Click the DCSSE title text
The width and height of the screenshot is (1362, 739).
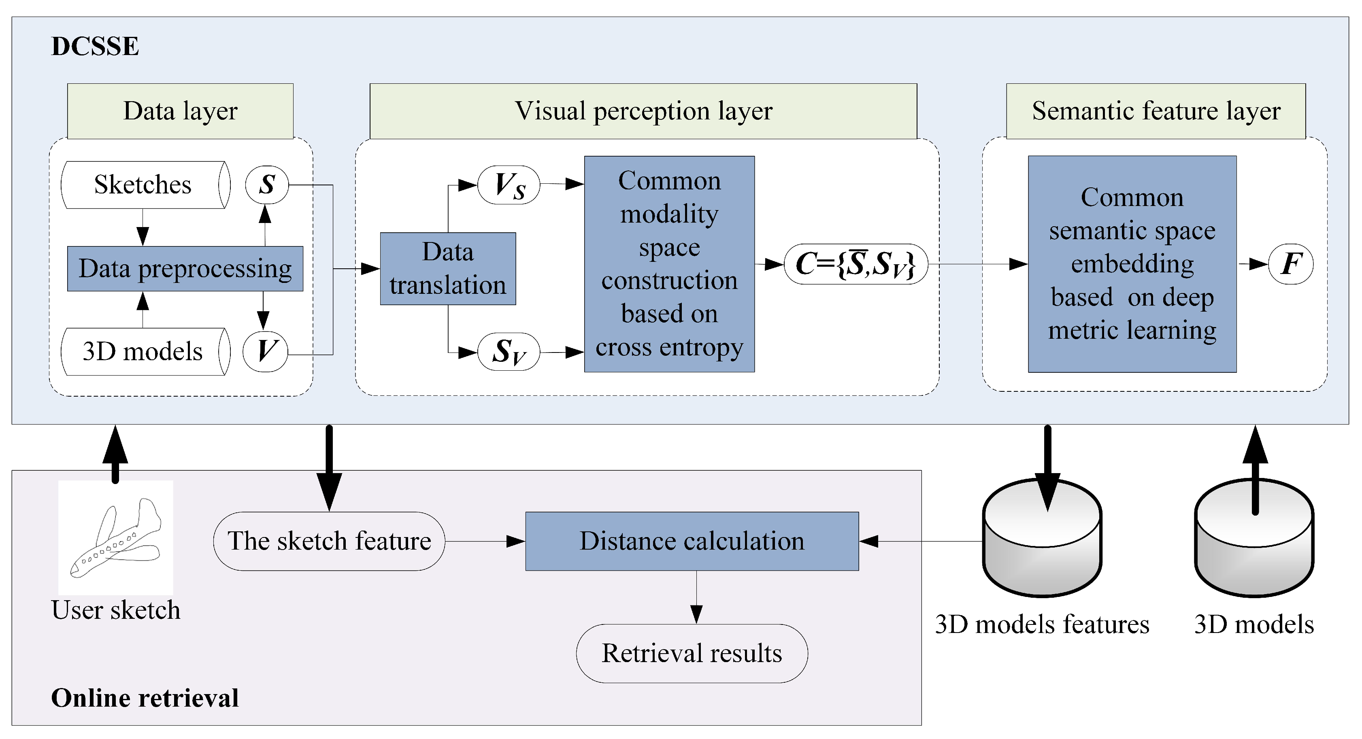pyautogui.click(x=95, y=47)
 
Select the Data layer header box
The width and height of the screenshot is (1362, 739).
pyautogui.click(x=180, y=111)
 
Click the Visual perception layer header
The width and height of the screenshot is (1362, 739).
pyautogui.click(x=643, y=111)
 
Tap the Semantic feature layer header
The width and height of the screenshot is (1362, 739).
pyautogui.click(x=1156, y=111)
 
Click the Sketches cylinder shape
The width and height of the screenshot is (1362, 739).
pyautogui.click(x=144, y=185)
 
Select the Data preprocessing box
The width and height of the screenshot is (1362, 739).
pyautogui.click(x=185, y=269)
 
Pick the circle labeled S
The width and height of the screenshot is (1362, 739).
pyautogui.click(x=267, y=185)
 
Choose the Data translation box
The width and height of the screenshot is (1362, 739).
pyautogui.click(x=448, y=269)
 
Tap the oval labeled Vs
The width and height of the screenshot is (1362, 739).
pyautogui.click(x=509, y=185)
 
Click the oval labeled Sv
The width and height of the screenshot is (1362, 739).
pyautogui.click(x=509, y=352)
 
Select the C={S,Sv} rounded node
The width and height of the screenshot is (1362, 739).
pyautogui.click(x=856, y=264)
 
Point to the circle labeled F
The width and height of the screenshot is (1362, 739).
pyautogui.click(x=1291, y=264)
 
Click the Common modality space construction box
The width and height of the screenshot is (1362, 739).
pyautogui.click(x=669, y=264)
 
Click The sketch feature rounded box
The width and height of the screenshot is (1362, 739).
pyautogui.click(x=329, y=541)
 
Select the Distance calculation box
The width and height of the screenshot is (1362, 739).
pyautogui.click(x=692, y=541)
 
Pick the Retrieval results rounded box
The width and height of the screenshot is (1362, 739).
pyautogui.click(x=692, y=653)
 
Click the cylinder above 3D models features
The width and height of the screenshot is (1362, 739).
pyautogui.click(x=1042, y=544)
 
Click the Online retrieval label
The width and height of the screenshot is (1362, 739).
pyautogui.click(x=145, y=698)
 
